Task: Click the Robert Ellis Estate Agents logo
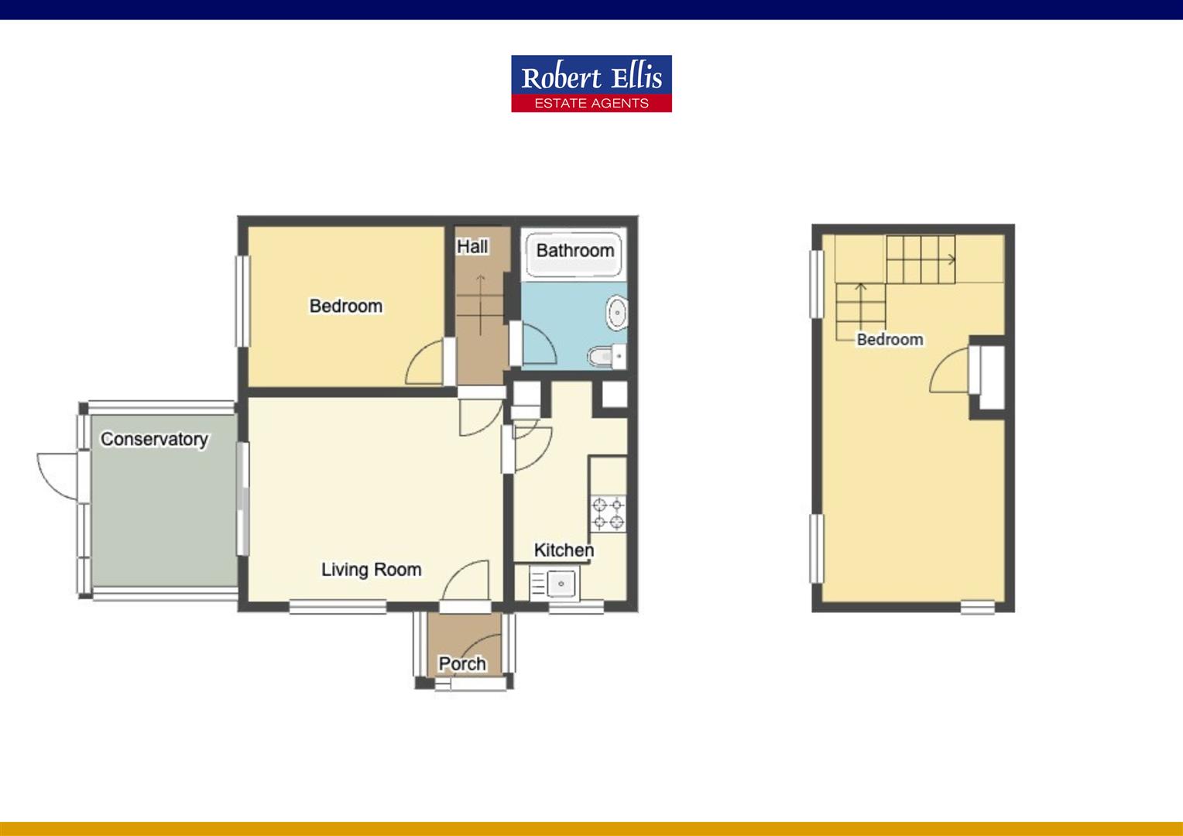click(591, 84)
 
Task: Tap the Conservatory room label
click(154, 439)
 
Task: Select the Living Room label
click(372, 569)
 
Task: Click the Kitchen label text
click(564, 550)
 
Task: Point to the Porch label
click(462, 663)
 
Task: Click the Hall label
click(472, 247)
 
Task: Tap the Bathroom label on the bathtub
click(575, 250)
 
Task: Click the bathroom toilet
click(607, 357)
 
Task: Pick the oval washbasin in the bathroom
click(616, 313)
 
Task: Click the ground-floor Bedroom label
click(346, 306)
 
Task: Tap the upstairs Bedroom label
click(890, 339)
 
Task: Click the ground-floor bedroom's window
click(242, 301)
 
